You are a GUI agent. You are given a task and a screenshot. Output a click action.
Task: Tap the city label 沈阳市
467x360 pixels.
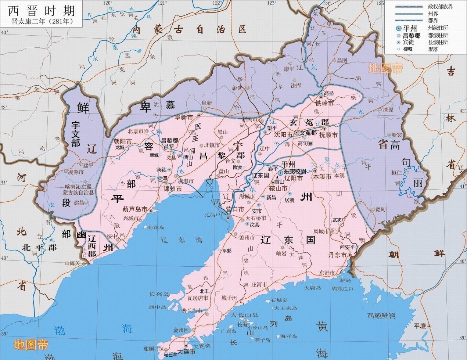(283, 134)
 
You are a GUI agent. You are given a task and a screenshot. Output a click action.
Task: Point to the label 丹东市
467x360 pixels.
(337, 255)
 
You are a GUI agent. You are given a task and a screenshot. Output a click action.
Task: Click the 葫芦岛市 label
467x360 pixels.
(135, 209)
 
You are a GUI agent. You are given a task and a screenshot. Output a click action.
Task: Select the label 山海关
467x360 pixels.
(72, 263)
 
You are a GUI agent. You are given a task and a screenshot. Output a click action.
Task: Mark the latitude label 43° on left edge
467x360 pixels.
(4, 33)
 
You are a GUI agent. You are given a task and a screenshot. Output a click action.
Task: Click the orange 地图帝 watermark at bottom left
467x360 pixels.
(31, 345)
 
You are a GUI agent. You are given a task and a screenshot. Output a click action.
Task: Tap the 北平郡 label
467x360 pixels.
(38, 247)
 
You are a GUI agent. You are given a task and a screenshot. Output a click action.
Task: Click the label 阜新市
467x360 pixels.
(184, 118)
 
